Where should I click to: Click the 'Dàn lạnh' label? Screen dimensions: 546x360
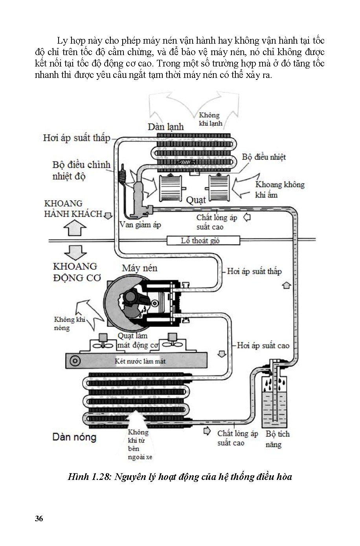click(165, 127)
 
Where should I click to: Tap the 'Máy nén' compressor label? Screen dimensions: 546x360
click(140, 268)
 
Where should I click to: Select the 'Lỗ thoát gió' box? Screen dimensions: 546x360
click(203, 240)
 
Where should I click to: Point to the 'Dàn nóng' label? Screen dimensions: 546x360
click(74, 437)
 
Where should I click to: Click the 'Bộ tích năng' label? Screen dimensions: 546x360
click(277, 439)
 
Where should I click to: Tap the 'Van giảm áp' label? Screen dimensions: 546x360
click(140, 225)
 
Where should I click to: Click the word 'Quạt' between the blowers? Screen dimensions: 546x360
click(196, 200)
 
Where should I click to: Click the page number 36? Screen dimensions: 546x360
click(39, 518)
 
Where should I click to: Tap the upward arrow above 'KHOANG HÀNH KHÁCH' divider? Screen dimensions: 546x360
click(75, 228)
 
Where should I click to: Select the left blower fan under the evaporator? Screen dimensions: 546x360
click(171, 188)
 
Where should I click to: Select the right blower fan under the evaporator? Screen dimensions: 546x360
click(220, 188)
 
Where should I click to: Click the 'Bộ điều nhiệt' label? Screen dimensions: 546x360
click(264, 157)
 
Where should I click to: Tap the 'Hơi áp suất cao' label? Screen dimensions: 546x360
click(263, 346)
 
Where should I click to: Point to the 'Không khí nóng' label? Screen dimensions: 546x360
click(70, 323)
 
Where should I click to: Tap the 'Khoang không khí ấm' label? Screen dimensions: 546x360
click(279, 190)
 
